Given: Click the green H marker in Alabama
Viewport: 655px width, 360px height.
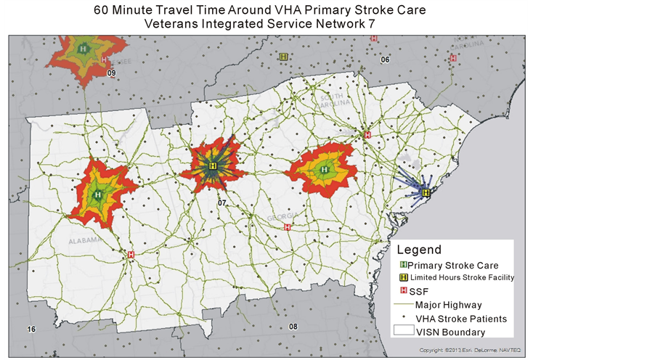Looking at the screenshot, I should coord(97,195).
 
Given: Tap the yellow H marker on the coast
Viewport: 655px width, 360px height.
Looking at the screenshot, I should coord(426,192).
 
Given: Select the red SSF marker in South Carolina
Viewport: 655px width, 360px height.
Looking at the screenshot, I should coord(367,135).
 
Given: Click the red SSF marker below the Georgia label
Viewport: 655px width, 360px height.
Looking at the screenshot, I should coord(288,227).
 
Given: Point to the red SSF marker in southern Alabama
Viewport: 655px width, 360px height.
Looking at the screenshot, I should coord(131,255).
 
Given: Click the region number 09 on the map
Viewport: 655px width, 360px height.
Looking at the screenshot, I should coord(111,73).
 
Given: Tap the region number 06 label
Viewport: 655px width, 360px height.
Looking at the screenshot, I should coord(385,60).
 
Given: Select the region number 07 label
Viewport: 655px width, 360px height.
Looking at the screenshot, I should coord(222,202).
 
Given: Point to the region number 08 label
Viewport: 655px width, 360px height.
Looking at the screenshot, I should coord(293,327).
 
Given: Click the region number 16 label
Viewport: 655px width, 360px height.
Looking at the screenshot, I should coord(31,330).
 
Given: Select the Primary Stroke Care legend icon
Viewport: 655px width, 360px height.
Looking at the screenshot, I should coord(404,265).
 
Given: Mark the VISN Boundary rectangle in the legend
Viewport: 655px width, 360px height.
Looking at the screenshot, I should coord(404,331).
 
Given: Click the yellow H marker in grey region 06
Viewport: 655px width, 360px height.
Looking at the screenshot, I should coord(282,56).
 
